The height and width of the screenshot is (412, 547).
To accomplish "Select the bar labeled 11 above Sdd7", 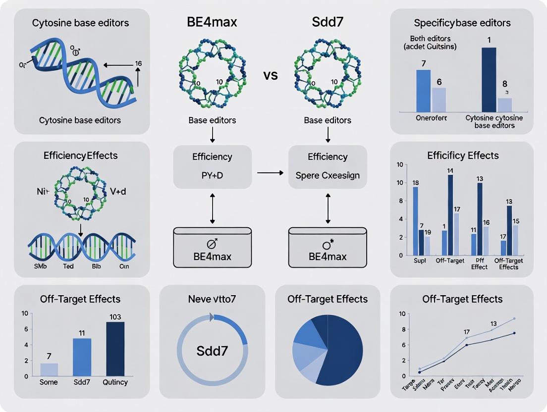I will point(82,357).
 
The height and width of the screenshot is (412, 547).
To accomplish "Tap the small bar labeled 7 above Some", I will point(49,369).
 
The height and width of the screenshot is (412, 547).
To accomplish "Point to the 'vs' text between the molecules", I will point(271,76).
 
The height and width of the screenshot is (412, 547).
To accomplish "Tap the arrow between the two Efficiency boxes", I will point(270,173).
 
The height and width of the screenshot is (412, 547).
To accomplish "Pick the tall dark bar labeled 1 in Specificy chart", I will point(489,79).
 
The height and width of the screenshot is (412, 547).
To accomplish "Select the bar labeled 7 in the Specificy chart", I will point(423,91).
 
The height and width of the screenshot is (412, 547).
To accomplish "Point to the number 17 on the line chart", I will point(467,332).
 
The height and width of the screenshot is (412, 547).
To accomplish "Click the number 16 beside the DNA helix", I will point(138,63).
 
